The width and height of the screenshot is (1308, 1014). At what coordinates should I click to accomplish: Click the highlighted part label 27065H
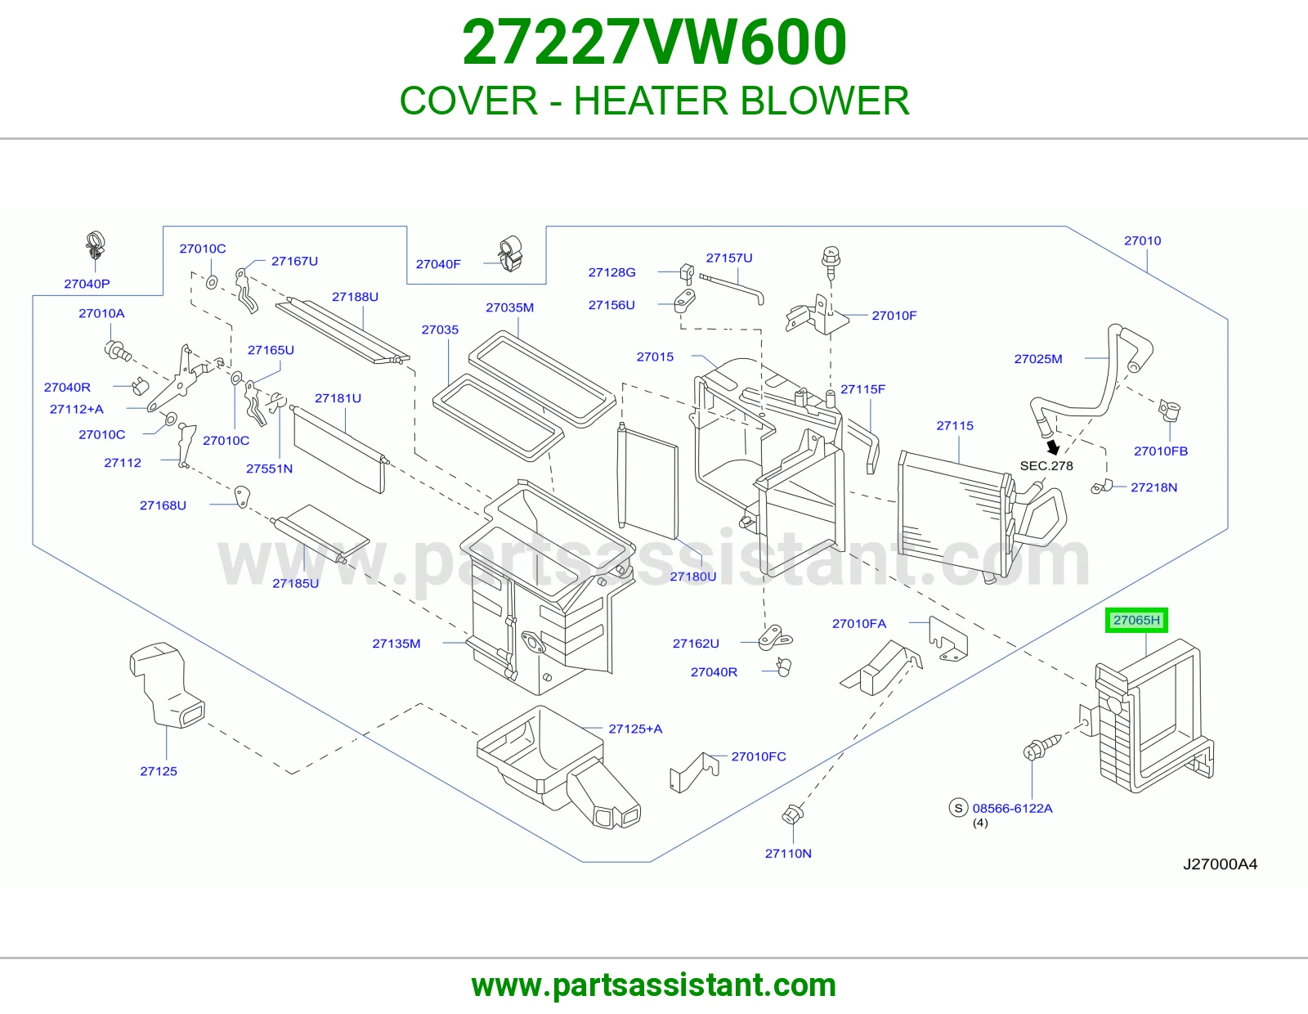pos(1136,620)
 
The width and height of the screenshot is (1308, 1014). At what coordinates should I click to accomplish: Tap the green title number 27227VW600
pos(654,42)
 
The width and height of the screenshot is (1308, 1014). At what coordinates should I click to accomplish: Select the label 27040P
pos(87,284)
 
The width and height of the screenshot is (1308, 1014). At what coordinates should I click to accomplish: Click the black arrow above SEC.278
pos(1053,447)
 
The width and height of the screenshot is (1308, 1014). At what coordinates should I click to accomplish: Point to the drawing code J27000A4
pos(1220,864)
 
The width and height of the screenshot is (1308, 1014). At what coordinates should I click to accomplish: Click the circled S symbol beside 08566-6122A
pos(958,807)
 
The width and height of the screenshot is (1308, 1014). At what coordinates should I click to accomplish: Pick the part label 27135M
pos(396,643)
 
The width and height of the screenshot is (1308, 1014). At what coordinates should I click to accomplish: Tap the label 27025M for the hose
pos(1037,359)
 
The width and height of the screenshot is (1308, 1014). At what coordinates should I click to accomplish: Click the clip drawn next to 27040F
pos(510,253)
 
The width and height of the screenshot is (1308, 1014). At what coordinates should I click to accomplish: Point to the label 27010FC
pos(759,756)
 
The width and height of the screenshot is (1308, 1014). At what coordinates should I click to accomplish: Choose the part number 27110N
pos(788,853)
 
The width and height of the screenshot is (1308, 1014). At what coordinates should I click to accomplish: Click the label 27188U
pos(355,297)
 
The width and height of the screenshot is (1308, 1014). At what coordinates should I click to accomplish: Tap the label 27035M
pos(510,307)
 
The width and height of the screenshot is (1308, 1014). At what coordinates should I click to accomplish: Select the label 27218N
pos(1154,487)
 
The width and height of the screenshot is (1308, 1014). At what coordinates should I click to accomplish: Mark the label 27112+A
pos(77,410)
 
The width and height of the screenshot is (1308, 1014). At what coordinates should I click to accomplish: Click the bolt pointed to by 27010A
pos(118,351)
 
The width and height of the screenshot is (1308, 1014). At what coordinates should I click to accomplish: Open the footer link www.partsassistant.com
pos(654,985)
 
